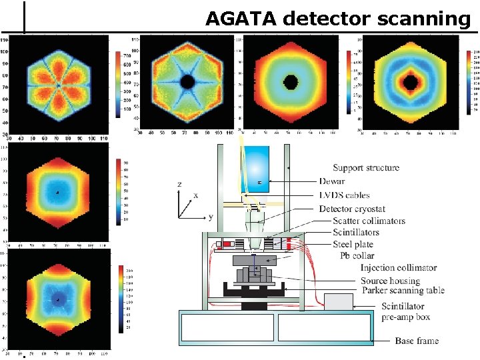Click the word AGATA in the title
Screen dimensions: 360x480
(x=241, y=19)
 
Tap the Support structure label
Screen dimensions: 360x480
(x=366, y=167)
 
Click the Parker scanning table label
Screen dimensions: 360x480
(x=402, y=290)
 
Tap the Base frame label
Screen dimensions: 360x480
(x=417, y=341)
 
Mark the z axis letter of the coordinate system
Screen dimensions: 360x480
(x=179, y=184)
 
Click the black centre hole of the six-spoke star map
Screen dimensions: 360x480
(x=188, y=83)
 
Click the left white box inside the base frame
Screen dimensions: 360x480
(x=227, y=327)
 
